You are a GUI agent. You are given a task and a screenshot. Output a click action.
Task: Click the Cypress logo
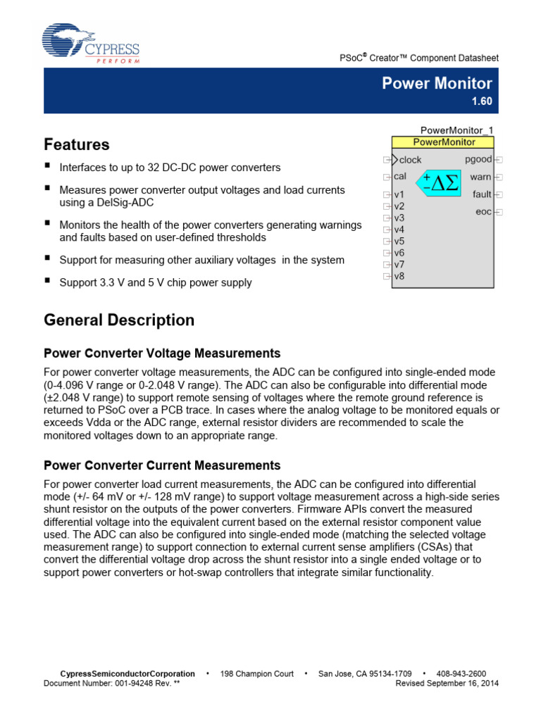coord(91,44)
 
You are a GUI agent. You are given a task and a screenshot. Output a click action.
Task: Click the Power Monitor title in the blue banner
coord(437,83)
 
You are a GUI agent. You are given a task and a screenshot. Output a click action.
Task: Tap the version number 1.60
coord(482,101)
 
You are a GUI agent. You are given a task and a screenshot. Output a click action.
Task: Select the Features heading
coord(77,144)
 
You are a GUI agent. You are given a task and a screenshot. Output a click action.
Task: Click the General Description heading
coord(119,320)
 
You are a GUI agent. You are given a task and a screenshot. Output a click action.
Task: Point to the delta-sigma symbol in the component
coord(438,182)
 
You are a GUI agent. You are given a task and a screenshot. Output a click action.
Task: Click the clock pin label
coord(410,160)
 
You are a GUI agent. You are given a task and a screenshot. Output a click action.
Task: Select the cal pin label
coord(399,177)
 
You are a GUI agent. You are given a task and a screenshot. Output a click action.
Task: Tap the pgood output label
coord(479,160)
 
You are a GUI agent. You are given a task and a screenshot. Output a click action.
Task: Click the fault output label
coord(482,194)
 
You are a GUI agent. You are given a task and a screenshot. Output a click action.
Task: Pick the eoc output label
coord(483,212)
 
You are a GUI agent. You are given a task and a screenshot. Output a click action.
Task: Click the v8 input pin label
coord(399,276)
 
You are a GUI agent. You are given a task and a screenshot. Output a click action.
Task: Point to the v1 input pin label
coord(399,195)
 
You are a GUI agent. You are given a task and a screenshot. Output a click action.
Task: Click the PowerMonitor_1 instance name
coord(457,130)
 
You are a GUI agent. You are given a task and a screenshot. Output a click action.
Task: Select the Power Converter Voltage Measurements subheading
coord(162,353)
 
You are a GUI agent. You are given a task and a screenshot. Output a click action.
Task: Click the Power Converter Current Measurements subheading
coord(162,465)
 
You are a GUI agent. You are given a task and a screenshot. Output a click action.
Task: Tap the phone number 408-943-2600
coord(461,674)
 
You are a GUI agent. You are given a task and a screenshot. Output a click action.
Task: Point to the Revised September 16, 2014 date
coord(447,683)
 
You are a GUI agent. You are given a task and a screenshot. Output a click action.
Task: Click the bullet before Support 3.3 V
coord(48,282)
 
